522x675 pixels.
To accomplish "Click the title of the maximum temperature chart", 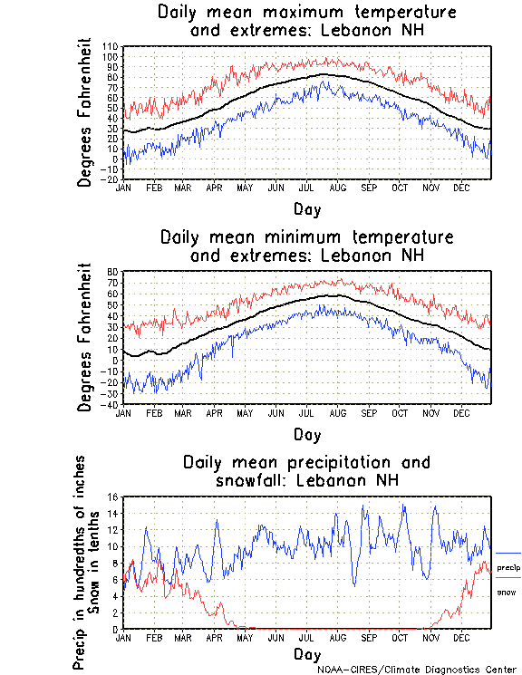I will tap(306, 22).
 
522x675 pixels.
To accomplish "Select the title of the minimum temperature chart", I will tap(306, 246).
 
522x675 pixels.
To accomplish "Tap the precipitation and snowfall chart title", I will tap(306, 470).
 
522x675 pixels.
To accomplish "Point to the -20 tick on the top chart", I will tap(110, 179).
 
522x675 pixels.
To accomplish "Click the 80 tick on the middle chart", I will tap(113, 272).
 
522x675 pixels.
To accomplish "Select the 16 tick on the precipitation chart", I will tap(113, 497).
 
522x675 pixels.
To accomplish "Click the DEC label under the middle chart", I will tap(461, 412).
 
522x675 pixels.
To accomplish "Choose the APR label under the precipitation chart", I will tap(215, 637).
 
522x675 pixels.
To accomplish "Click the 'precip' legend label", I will tap(508, 567).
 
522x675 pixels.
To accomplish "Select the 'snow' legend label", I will tap(506, 592).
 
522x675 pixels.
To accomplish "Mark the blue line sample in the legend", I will tap(508, 553).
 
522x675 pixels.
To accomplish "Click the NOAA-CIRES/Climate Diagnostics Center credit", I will tap(418, 669).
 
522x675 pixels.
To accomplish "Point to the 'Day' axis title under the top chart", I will tap(306, 209).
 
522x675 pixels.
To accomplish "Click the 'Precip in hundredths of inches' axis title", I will tap(80, 563).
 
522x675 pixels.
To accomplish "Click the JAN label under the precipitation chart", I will tap(123, 637).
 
